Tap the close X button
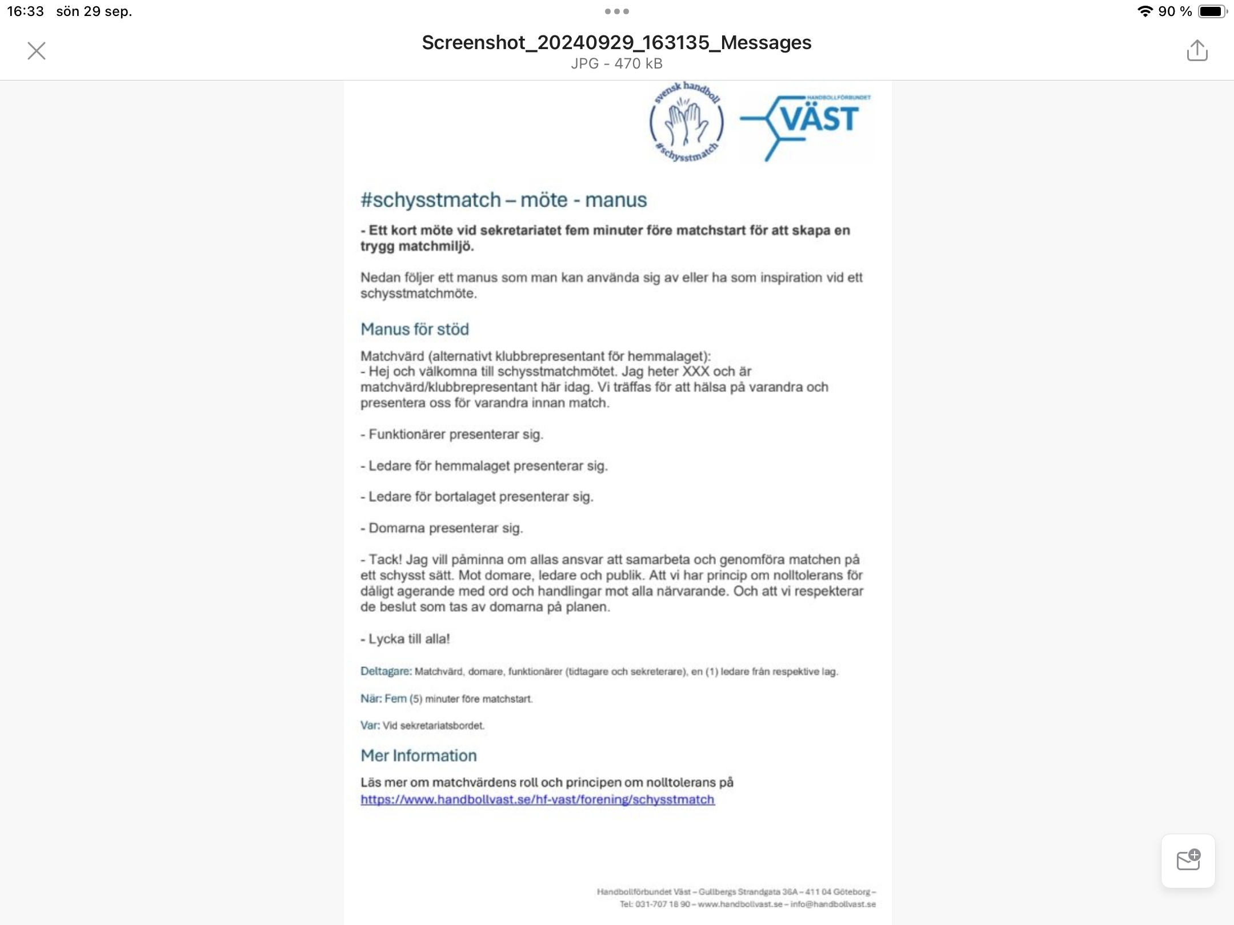(x=37, y=51)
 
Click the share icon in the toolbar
(x=1197, y=50)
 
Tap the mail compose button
(x=1188, y=860)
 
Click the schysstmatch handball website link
(x=537, y=799)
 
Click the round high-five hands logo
(x=686, y=122)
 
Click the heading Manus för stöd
(x=415, y=329)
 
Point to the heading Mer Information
(x=418, y=755)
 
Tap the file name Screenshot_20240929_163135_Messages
(x=616, y=42)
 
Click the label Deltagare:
(x=386, y=671)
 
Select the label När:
(x=371, y=698)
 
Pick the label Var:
(x=370, y=725)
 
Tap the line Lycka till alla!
(x=409, y=639)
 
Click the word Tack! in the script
(x=385, y=560)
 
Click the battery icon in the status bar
(x=1212, y=11)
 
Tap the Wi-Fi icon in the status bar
(x=1144, y=11)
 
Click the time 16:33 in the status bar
(x=25, y=11)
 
